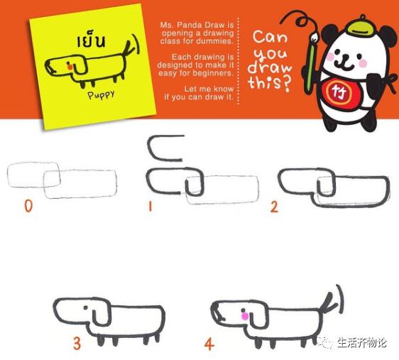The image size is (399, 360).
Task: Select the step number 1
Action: click(151, 207)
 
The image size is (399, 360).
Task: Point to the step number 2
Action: click(274, 207)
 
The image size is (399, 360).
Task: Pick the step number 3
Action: click(76, 344)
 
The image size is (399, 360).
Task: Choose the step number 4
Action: click(209, 344)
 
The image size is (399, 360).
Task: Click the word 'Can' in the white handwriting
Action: click(270, 37)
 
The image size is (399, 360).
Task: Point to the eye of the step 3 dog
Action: click(90, 310)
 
